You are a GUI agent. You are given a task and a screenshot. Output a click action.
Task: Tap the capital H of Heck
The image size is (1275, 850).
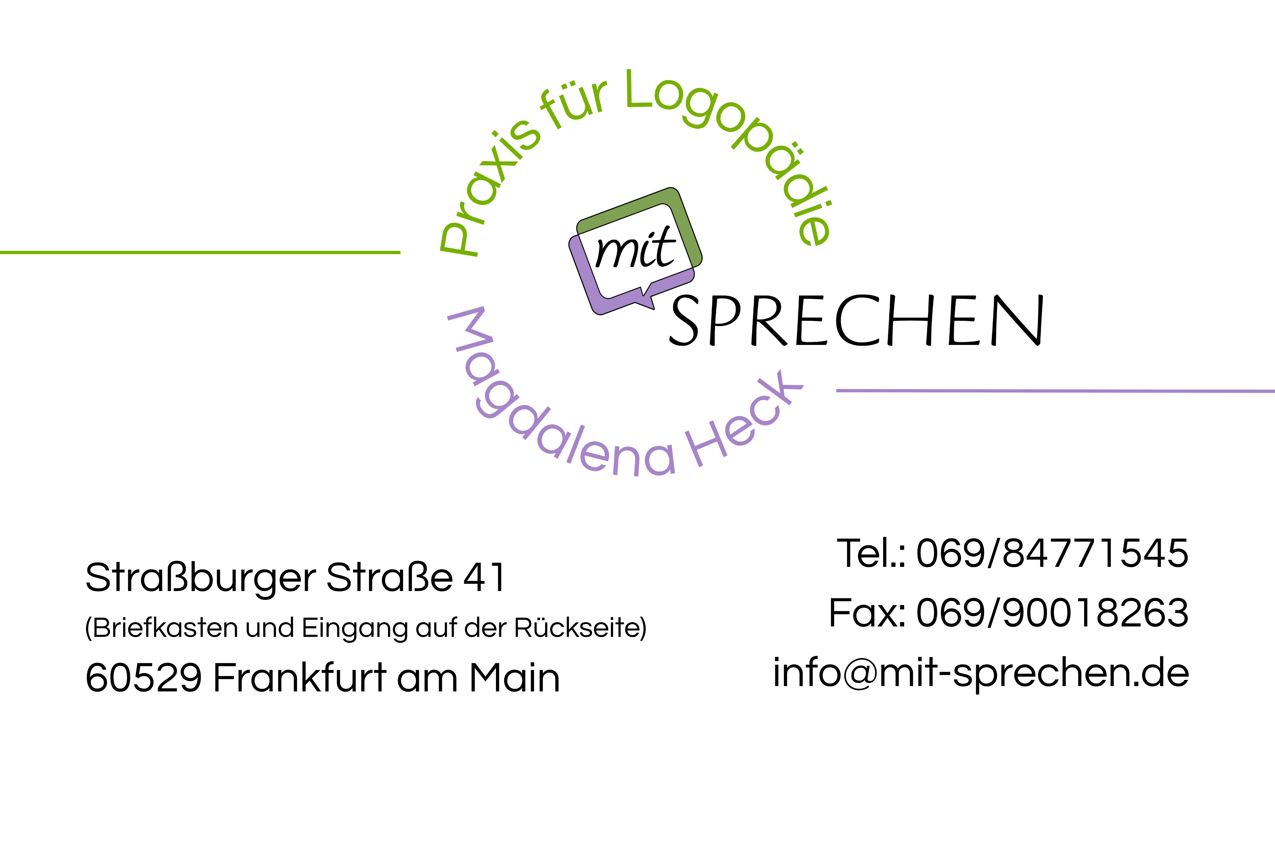coord(705,448)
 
